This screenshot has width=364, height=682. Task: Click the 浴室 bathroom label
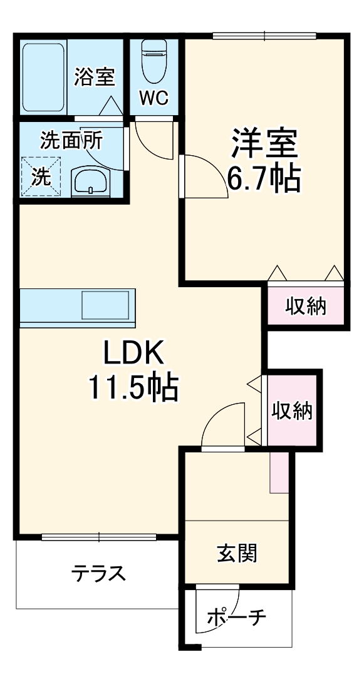tap(94, 77)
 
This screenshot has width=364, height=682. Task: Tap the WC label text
tap(153, 98)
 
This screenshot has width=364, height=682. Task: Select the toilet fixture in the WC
tap(153, 61)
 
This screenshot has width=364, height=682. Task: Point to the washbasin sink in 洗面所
tap(91, 182)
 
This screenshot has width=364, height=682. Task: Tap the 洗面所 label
tap(71, 140)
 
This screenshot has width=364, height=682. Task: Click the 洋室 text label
tap(263, 144)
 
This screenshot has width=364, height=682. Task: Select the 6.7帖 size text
tap(263, 179)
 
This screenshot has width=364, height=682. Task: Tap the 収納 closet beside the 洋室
tap(306, 306)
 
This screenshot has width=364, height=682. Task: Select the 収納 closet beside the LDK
tap(292, 410)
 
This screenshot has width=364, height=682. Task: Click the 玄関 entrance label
tap(236, 552)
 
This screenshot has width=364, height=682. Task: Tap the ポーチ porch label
tap(236, 618)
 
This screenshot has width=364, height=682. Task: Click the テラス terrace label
tap(98, 573)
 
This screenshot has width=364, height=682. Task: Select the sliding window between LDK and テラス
tap(99, 536)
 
